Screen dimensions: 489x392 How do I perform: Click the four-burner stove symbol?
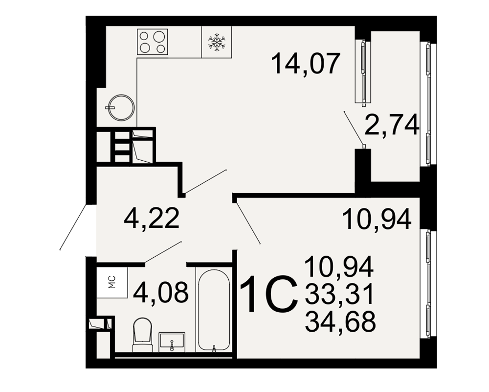pos(153,42)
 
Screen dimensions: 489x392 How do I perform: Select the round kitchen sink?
pos(121,107)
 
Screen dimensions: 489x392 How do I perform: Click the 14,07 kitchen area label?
pos(305,64)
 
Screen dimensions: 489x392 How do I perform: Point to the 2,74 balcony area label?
pos(391,124)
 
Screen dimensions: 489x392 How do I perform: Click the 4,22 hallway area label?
pos(152,219)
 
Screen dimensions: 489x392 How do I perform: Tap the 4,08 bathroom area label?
pos(161,292)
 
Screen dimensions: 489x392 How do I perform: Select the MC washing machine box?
pos(112,282)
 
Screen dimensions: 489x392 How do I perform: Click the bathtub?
pos(214,311)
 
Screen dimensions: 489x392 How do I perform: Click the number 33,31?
pos(339,295)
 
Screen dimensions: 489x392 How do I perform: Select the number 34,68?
pos(340,322)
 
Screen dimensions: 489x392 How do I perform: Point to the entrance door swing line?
pos(73,227)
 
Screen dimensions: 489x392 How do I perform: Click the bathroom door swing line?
pos(163,252)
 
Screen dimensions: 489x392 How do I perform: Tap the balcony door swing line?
pos(354,128)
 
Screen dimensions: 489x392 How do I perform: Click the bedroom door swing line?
pos(248,223)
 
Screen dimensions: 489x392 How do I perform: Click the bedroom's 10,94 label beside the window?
pos(377,220)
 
